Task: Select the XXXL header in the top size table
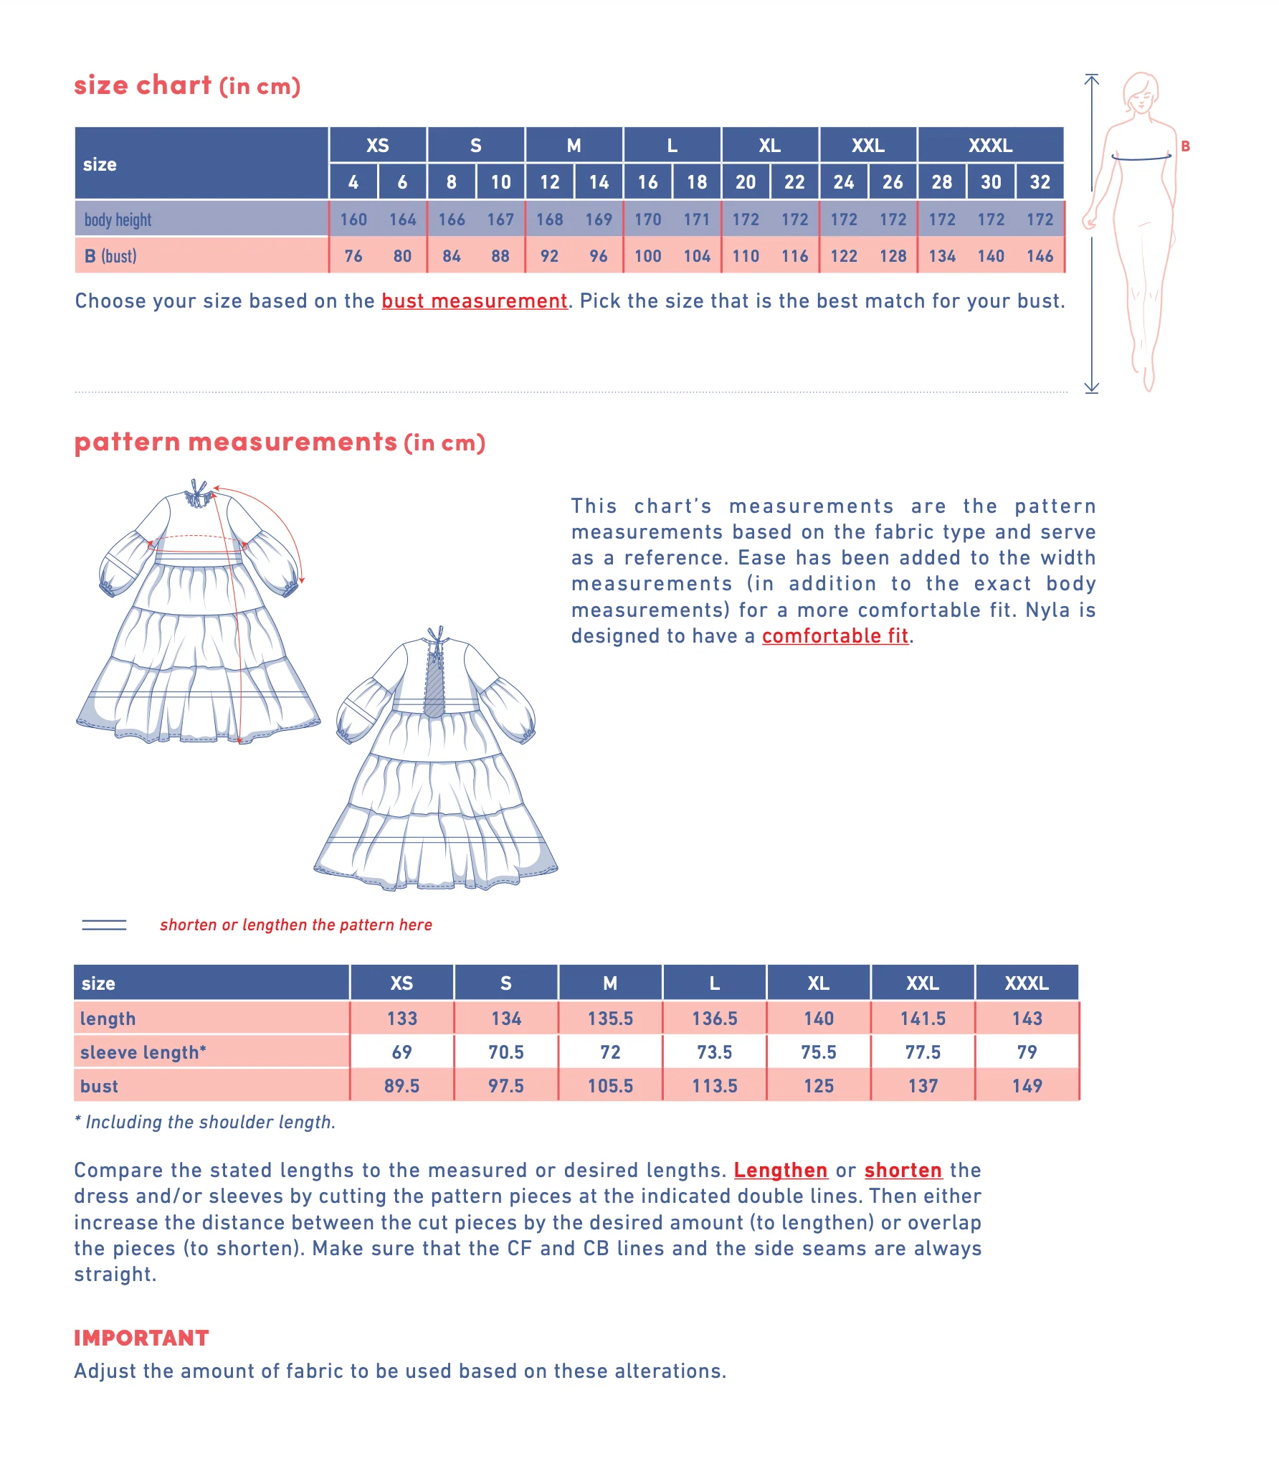tap(990, 146)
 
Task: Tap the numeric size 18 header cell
tap(696, 182)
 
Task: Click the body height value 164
tap(402, 219)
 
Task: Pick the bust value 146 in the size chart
tap(1040, 256)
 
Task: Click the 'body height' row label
tap(118, 219)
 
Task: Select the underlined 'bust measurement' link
tap(474, 301)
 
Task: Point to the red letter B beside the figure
tap(1185, 146)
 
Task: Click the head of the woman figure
tap(1140, 92)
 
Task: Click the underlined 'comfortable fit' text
tap(835, 636)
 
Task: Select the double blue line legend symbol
tap(104, 925)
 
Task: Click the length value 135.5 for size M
tap(610, 1019)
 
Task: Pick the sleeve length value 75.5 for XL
tap(818, 1052)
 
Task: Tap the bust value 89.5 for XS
tap(401, 1086)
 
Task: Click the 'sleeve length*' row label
tap(143, 1052)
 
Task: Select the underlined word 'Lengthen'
tap(780, 1171)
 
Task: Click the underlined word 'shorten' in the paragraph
tap(903, 1171)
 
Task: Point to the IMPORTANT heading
tap(141, 1338)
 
